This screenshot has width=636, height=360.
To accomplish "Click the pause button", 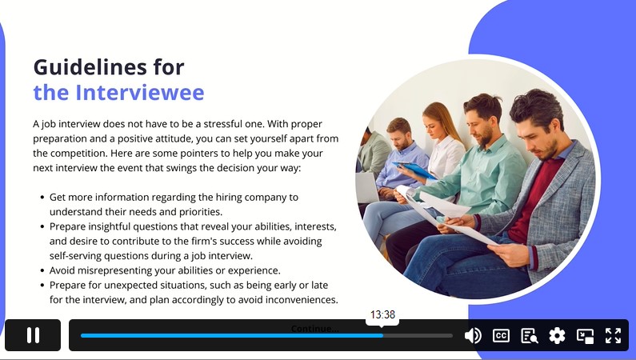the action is click(x=33, y=335).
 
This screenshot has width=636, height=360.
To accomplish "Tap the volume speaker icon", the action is click(x=473, y=336).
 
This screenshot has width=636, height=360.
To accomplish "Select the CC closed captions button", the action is click(x=501, y=336).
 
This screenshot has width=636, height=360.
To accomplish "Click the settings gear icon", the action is click(x=557, y=336).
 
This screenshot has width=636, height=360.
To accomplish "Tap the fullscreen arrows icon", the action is click(x=613, y=336).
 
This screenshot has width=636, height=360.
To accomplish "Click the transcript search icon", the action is click(x=530, y=336).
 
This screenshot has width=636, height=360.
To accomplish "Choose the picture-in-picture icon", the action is click(x=585, y=336).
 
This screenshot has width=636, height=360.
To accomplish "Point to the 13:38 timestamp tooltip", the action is click(x=382, y=315).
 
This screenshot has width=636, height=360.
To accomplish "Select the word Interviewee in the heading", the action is click(x=140, y=93).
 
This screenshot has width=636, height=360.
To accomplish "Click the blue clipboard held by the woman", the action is click(x=414, y=170).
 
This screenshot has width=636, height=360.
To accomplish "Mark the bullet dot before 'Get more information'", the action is click(x=42, y=198).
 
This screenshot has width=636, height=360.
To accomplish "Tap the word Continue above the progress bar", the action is click(x=314, y=328).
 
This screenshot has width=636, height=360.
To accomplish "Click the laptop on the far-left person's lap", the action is click(x=366, y=188).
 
